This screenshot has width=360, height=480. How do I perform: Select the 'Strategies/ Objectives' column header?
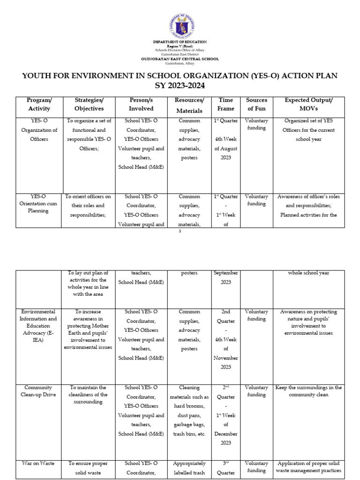click(x=89, y=105)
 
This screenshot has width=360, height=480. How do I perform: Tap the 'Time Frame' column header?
click(x=226, y=105)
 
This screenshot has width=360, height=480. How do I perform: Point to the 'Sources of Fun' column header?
click(x=256, y=105)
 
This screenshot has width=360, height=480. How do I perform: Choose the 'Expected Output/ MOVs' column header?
click(x=309, y=105)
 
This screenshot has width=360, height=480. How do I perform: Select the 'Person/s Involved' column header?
click(x=141, y=105)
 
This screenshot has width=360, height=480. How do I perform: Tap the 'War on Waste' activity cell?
click(x=38, y=463)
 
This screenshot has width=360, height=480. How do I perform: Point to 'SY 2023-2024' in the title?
click(x=180, y=86)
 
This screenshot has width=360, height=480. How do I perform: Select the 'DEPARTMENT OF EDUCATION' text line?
click(x=180, y=42)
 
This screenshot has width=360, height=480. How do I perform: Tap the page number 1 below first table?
click(x=180, y=231)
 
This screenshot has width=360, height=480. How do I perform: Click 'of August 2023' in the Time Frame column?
click(x=226, y=153)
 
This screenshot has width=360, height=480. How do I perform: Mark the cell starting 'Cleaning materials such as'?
click(x=189, y=411)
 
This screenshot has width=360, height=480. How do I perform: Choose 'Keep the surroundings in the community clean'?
click(x=309, y=391)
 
